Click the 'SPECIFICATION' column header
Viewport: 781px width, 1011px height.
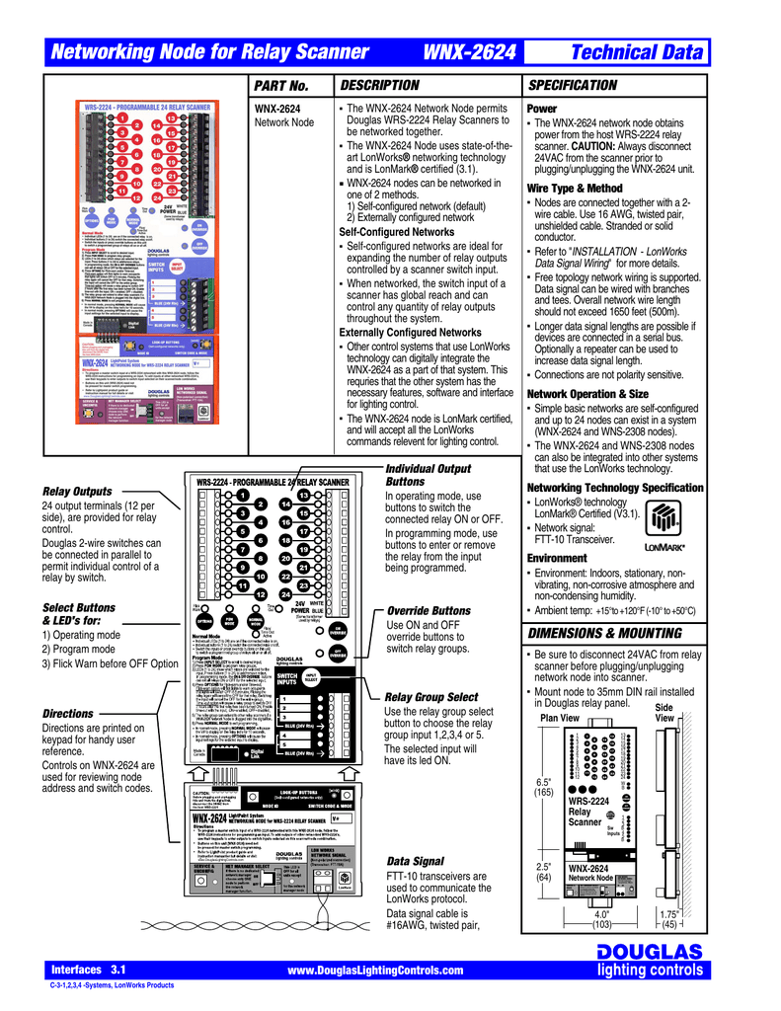click(x=574, y=85)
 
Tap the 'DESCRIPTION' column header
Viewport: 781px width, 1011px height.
click(x=379, y=85)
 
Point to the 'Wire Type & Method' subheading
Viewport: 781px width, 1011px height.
click(x=575, y=188)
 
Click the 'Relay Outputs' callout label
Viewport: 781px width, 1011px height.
click(x=77, y=491)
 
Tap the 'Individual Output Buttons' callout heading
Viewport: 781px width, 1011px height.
click(x=428, y=475)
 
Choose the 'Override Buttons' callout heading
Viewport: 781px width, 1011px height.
click(x=429, y=611)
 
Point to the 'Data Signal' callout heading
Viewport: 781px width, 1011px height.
click(x=415, y=862)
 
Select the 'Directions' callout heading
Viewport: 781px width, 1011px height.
click(x=68, y=713)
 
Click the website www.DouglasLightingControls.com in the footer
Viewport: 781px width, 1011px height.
click(x=374, y=972)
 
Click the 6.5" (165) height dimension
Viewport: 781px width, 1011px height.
click(x=543, y=787)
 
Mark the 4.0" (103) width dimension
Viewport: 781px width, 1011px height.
click(x=602, y=920)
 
